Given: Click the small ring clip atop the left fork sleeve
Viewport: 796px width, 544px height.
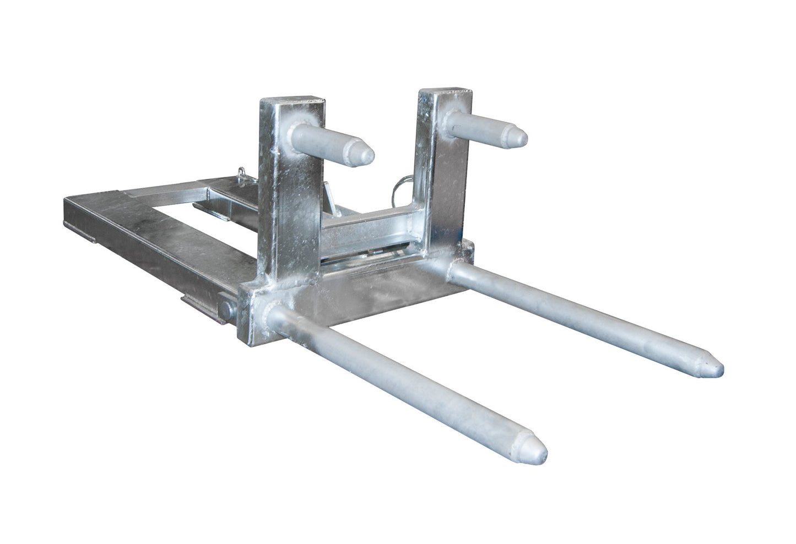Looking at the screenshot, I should point(242,175).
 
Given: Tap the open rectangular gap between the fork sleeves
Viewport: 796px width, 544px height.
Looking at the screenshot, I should point(165,206).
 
